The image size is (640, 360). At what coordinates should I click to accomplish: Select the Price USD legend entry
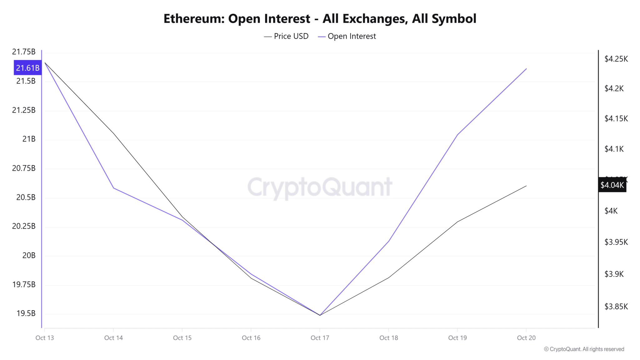[x=286, y=36]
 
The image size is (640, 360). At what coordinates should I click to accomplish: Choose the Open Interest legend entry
[x=347, y=36]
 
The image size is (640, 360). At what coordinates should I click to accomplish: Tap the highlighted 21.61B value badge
[x=27, y=67]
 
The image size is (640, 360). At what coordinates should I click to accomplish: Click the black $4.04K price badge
[x=612, y=185]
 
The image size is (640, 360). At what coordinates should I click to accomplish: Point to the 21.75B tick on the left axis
[x=24, y=52]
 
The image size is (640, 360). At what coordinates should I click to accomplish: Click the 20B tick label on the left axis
[x=29, y=255]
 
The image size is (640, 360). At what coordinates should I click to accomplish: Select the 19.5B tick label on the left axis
[x=26, y=313]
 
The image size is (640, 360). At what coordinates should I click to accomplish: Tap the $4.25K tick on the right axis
[x=616, y=59]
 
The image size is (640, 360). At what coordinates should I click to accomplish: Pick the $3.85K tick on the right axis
[x=616, y=307]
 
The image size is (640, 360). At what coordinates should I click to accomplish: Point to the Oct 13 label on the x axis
[x=45, y=338]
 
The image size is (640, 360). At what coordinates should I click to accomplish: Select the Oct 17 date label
[x=320, y=338]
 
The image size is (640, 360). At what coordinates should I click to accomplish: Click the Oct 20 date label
[x=526, y=338]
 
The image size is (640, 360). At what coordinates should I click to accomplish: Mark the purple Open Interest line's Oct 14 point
[x=113, y=188]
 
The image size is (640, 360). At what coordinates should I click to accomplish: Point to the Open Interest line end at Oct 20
[x=526, y=69]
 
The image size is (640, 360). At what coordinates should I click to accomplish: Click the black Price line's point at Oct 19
[x=457, y=222]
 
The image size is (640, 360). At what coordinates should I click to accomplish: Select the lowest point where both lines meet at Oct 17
[x=320, y=315]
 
